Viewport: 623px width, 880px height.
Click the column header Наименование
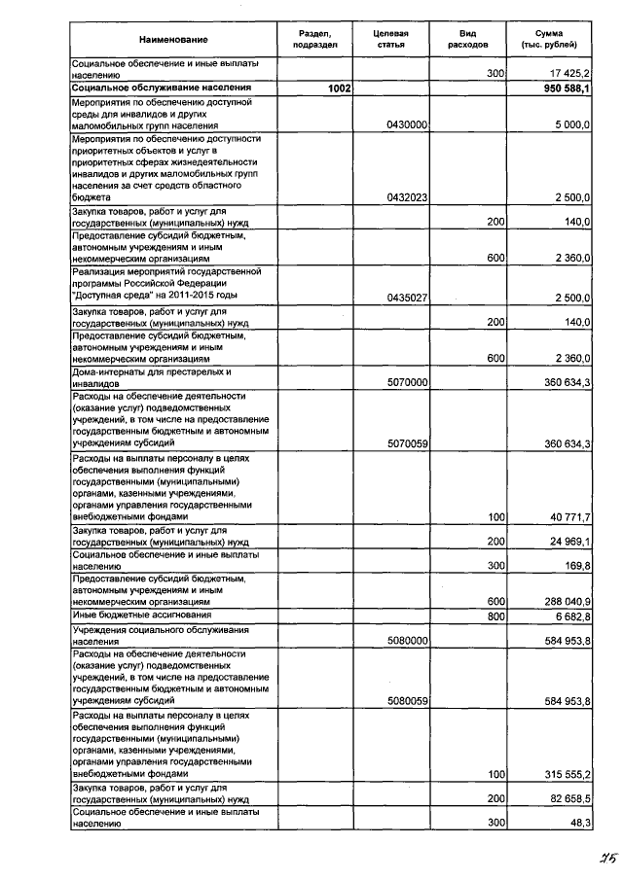tap(173, 40)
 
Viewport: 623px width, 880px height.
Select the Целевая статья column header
tap(390, 40)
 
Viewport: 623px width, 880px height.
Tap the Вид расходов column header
tap(467, 40)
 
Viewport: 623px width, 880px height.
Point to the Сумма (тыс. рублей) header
tap(555, 40)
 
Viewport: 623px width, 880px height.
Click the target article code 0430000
tap(407, 125)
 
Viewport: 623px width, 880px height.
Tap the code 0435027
tap(407, 298)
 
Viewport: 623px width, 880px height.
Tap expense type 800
tap(495, 616)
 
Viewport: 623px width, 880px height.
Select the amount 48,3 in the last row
tap(580, 824)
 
